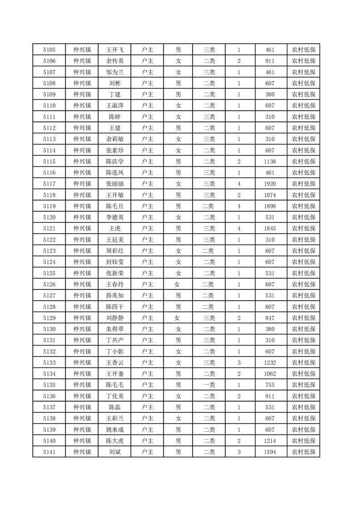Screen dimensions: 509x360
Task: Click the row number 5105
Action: pyautogui.click(x=49, y=50)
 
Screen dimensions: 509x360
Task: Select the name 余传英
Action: pyautogui.click(x=114, y=61)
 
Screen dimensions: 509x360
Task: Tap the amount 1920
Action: pyautogui.click(x=270, y=184)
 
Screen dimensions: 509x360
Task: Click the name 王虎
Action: pyautogui.click(x=114, y=228)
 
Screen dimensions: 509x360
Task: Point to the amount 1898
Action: pyautogui.click(x=270, y=206)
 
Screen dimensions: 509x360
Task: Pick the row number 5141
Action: pyautogui.click(x=49, y=452)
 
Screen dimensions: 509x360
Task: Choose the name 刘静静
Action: pyautogui.click(x=114, y=318)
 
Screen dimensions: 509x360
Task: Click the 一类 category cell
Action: pyautogui.click(x=209, y=385)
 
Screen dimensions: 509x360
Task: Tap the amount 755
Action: pyautogui.click(x=270, y=385)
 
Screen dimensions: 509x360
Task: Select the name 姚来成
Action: pyautogui.click(x=114, y=430)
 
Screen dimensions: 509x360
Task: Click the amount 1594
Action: pyautogui.click(x=270, y=452)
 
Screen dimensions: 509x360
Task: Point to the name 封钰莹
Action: pyautogui.click(x=114, y=262)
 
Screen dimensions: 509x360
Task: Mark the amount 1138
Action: pyautogui.click(x=270, y=162)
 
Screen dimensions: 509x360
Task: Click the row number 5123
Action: pyautogui.click(x=49, y=251)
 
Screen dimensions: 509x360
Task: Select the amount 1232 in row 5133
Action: pyautogui.click(x=270, y=362)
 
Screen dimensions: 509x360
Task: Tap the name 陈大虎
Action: pyautogui.click(x=114, y=440)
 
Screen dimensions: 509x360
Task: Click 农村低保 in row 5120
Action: pyautogui.click(x=304, y=217)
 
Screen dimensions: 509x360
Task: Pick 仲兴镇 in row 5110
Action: pyautogui.click(x=82, y=106)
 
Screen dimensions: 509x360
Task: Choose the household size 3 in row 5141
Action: pyautogui.click(x=239, y=452)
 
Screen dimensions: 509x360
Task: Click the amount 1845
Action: pyautogui.click(x=270, y=228)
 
